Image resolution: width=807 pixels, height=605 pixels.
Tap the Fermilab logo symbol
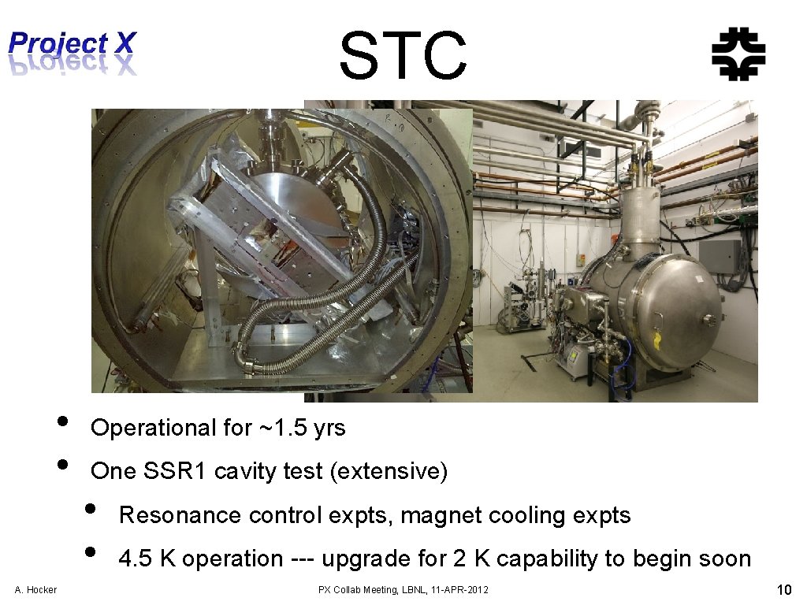tap(738, 56)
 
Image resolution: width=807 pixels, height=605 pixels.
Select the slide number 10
tap(783, 590)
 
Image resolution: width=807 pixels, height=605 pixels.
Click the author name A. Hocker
tap(35, 590)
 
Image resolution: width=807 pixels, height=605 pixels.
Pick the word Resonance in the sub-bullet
tap(180, 515)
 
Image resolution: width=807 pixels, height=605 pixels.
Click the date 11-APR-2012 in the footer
tap(459, 590)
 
